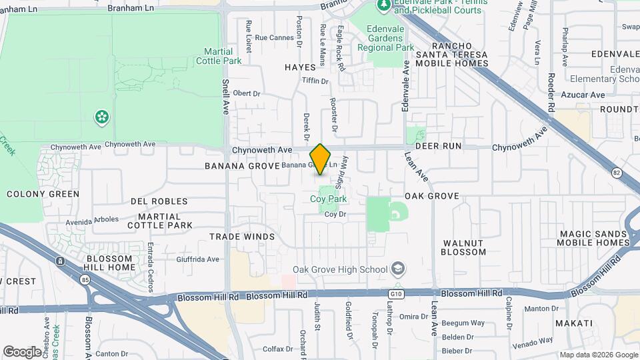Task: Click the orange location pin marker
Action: [321, 159]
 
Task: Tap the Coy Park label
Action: [329, 199]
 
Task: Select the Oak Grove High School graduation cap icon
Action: [398, 269]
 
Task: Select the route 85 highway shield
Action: [61, 261]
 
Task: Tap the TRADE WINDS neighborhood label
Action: [242, 237]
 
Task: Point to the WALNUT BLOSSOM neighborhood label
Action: [463, 247]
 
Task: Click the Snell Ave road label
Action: [225, 97]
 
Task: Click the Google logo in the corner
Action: [22, 351]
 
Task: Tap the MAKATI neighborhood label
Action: [573, 323]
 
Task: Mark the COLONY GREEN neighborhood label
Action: [43, 194]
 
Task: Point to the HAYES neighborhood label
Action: [299, 67]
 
